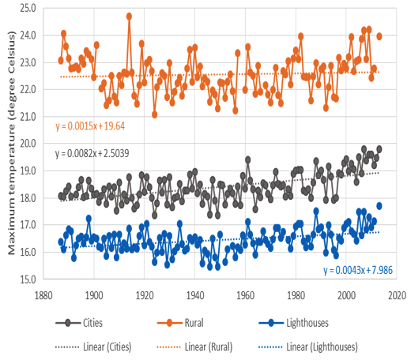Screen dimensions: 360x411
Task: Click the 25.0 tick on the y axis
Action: [28, 8]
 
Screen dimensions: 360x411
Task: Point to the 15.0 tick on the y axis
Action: [28, 279]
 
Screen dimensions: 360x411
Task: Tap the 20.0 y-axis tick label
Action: [28, 144]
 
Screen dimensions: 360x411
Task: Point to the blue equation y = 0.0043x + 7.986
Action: [358, 271]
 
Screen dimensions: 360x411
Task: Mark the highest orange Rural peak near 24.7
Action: [129, 16]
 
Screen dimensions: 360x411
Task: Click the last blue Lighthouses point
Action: [379, 206]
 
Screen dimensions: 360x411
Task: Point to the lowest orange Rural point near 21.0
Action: [155, 114]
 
